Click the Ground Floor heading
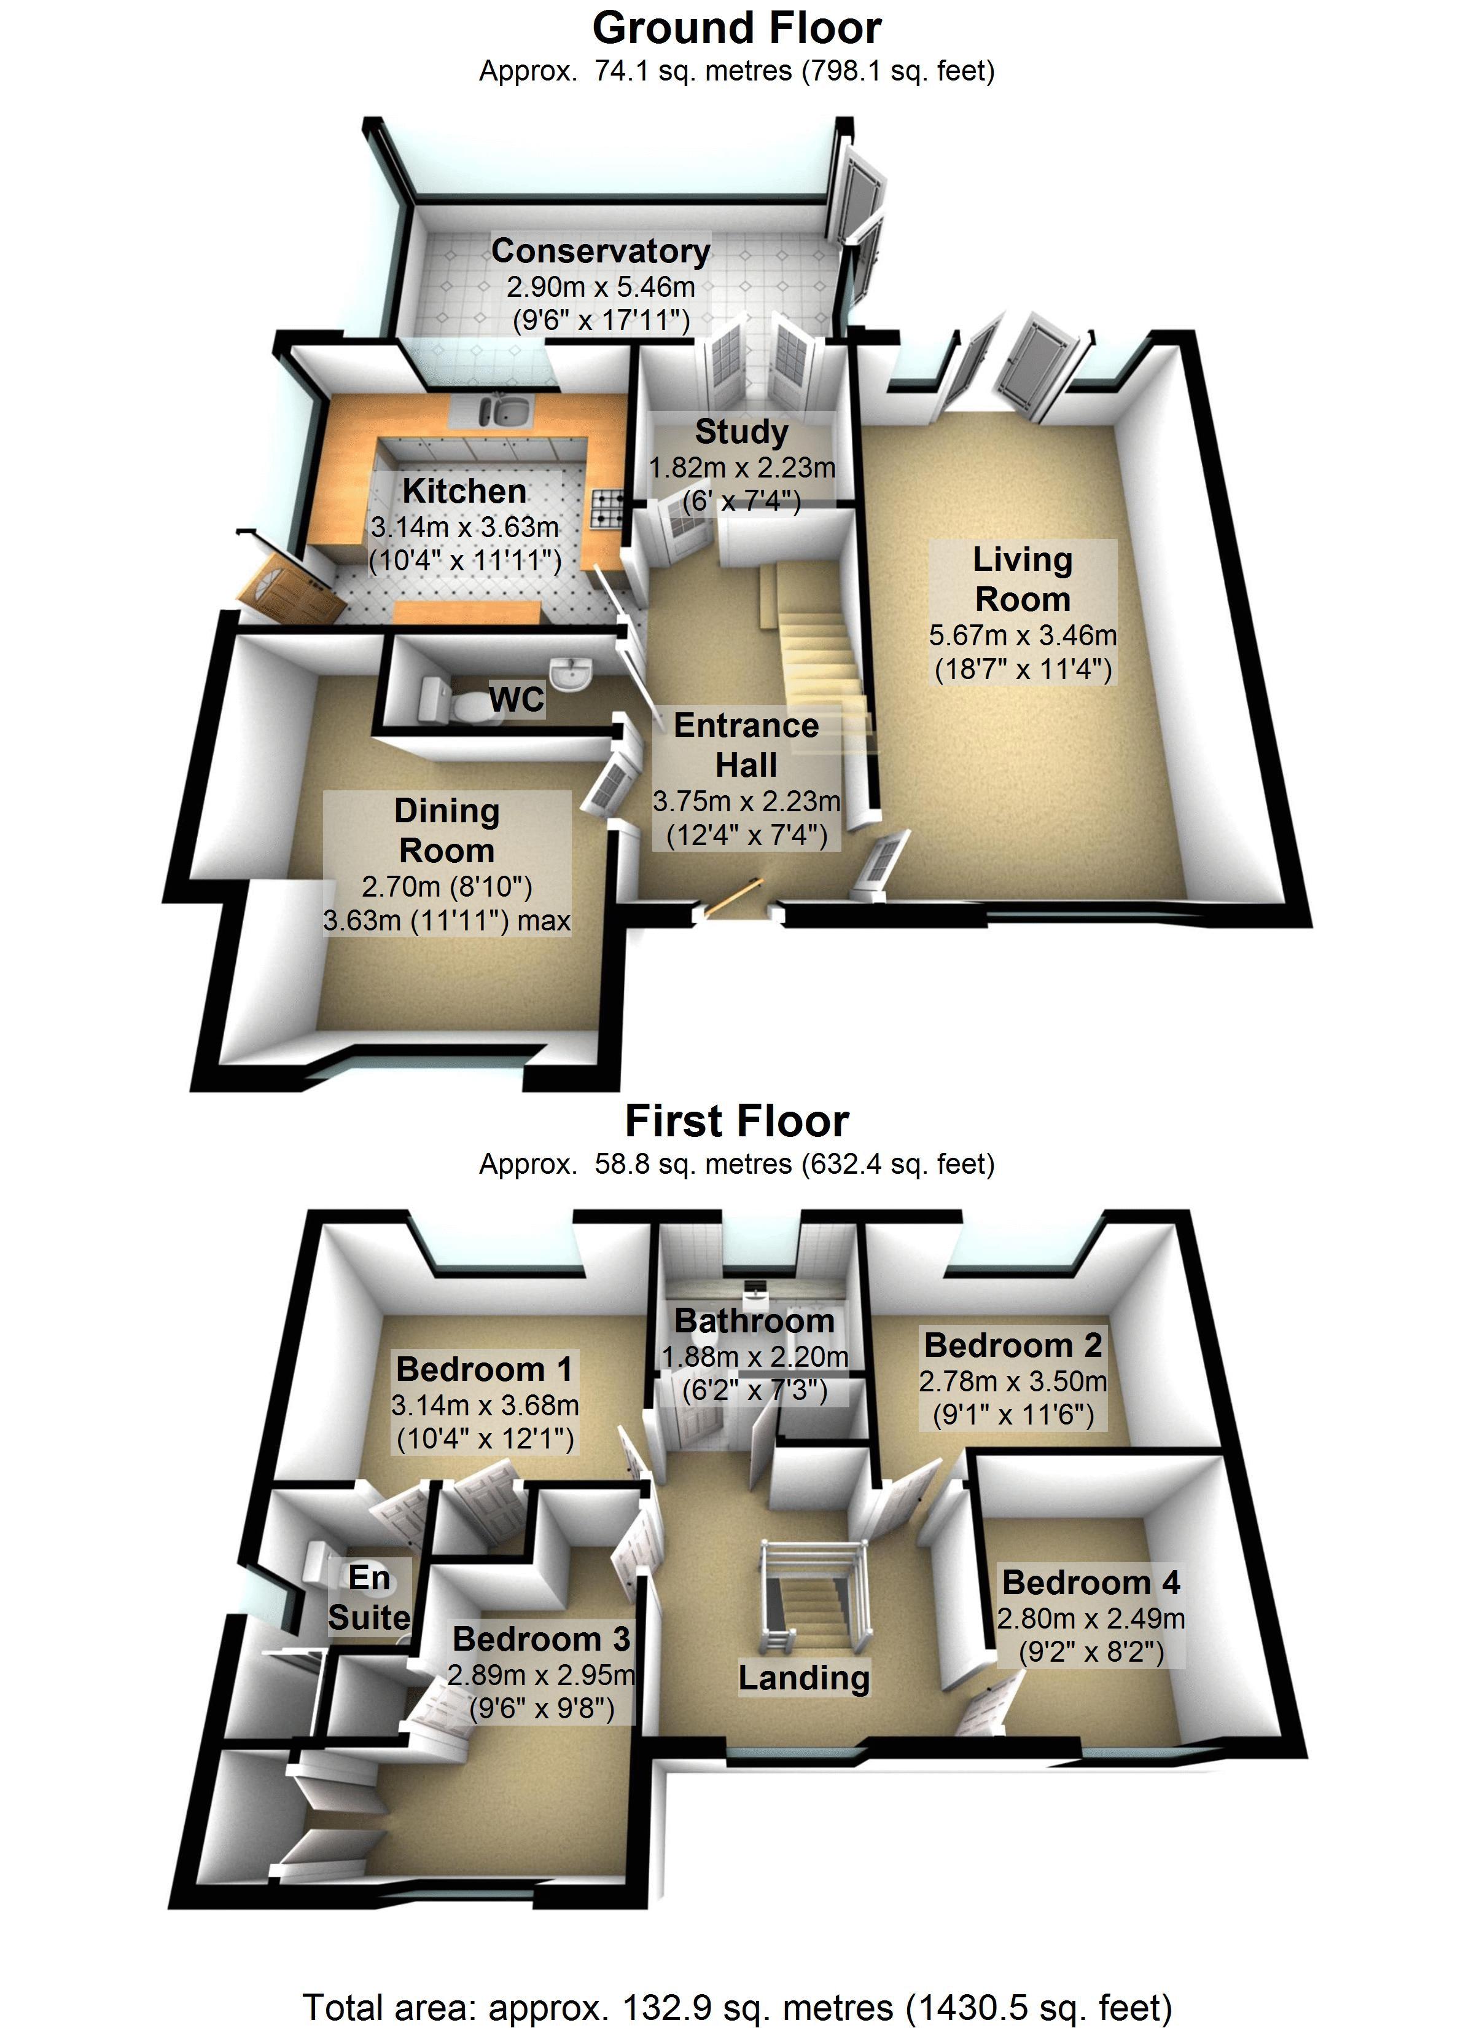coord(736,29)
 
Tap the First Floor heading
coord(736,1122)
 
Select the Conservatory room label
coord(600,251)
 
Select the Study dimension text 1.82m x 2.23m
coord(742,468)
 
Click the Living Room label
coord(1023,578)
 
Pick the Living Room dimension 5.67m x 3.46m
coord(1023,636)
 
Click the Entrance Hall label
coord(746,745)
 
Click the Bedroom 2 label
coord(1013,1345)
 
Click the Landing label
coord(803,1678)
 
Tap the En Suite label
coord(369,1597)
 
